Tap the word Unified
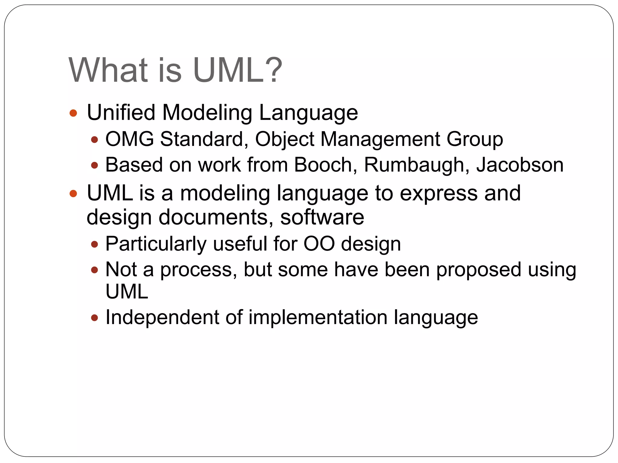click(x=121, y=112)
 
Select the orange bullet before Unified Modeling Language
click(x=73, y=113)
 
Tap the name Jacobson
click(x=520, y=165)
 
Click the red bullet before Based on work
click(x=95, y=165)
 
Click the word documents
click(x=213, y=217)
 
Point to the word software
click(x=322, y=217)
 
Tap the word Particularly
click(x=156, y=244)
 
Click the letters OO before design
click(x=319, y=243)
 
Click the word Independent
click(x=162, y=317)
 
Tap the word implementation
click(x=318, y=318)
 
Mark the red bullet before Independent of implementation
click(x=95, y=318)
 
